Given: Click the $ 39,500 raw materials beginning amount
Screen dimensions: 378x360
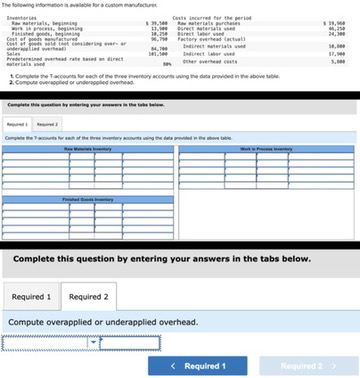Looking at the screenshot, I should [158, 21].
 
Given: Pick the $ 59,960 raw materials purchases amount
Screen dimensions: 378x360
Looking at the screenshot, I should [334, 21].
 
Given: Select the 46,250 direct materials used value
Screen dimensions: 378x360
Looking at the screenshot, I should [336, 26].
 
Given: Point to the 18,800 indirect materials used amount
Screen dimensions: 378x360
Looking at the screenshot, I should [336, 45].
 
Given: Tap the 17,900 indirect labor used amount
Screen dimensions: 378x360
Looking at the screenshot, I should [336, 53].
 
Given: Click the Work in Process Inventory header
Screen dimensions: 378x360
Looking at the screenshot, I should [263, 148].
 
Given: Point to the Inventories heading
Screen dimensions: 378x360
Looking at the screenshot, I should [21, 16].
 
